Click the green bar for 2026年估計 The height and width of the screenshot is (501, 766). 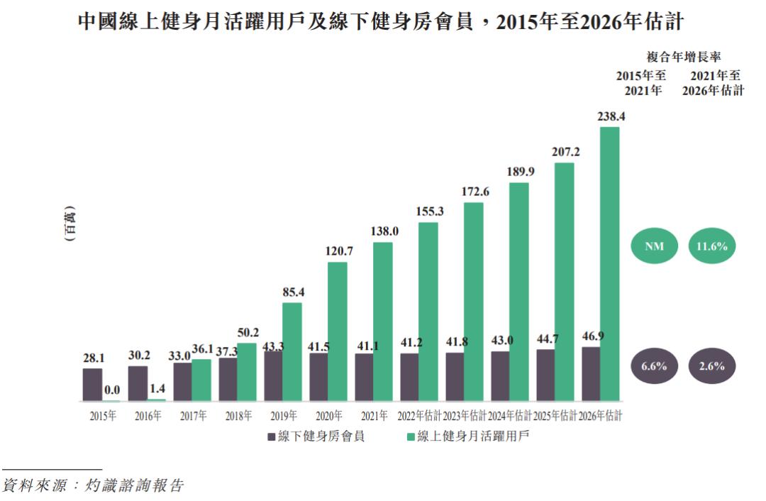pyautogui.click(x=609, y=264)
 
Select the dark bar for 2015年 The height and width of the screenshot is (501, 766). pyautogui.click(x=92, y=385)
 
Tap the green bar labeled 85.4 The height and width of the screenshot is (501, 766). pyautogui.click(x=292, y=352)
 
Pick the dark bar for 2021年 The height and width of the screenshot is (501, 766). pyautogui.click(x=364, y=377)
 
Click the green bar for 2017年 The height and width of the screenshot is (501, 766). pyautogui.click(x=201, y=380)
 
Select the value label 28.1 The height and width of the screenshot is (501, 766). pyautogui.click(x=93, y=357)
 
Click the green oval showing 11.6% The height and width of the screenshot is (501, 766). pyautogui.click(x=711, y=247)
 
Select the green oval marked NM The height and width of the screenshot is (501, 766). pyautogui.click(x=655, y=247)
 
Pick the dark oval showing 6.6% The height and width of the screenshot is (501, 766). pyautogui.click(x=655, y=367)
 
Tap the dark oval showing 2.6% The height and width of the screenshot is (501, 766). pyautogui.click(x=711, y=367)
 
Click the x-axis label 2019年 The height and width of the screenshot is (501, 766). pyautogui.click(x=284, y=417)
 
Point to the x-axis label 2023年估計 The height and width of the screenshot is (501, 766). pyautogui.click(x=465, y=417)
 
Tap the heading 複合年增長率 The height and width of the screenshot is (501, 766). pyautogui.click(x=683, y=57)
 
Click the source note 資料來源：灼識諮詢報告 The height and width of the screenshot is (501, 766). pyautogui.click(x=93, y=486)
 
